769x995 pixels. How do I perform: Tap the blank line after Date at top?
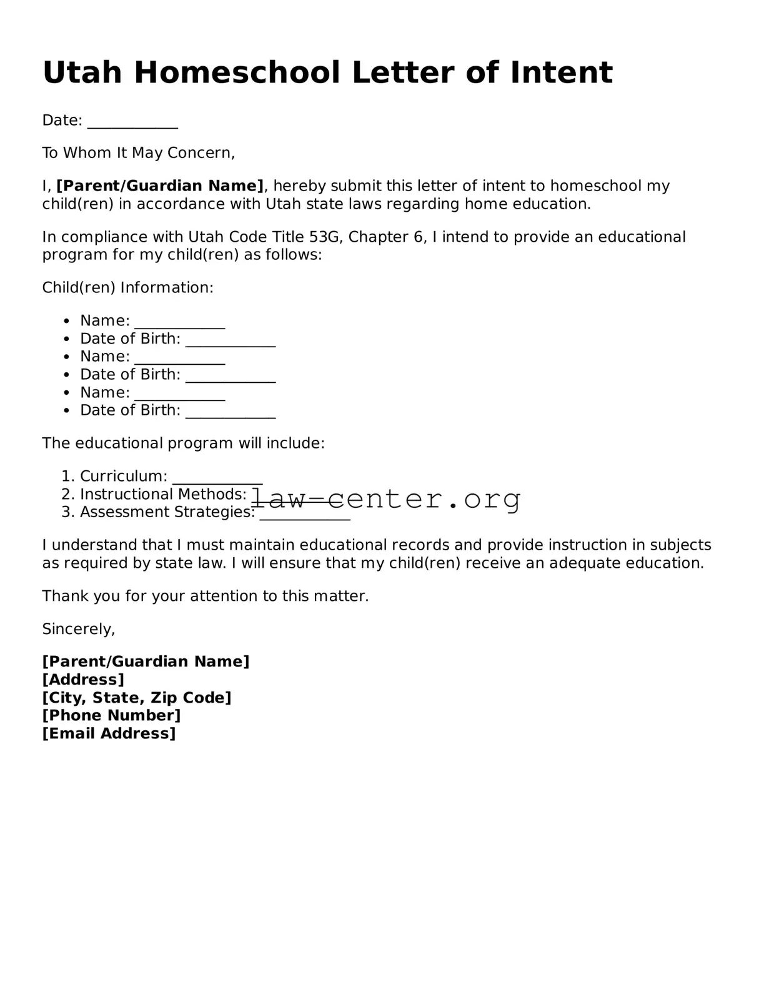132,122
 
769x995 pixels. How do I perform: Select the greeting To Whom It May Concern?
138,153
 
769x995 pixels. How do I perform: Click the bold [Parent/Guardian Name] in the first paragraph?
160,186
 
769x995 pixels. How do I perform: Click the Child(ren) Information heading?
127,288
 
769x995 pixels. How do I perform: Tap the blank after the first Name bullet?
179,323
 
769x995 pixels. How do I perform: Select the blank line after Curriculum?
217,478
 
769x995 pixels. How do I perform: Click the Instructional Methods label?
163,494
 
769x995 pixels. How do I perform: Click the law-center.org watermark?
386,498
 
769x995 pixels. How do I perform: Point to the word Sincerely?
79,629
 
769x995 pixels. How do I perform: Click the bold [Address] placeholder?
83,680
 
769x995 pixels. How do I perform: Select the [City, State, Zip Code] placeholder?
136,698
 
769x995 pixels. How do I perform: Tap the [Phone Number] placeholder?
111,715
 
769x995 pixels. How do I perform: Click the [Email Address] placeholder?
109,733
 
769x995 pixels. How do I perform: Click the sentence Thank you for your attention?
205,596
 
